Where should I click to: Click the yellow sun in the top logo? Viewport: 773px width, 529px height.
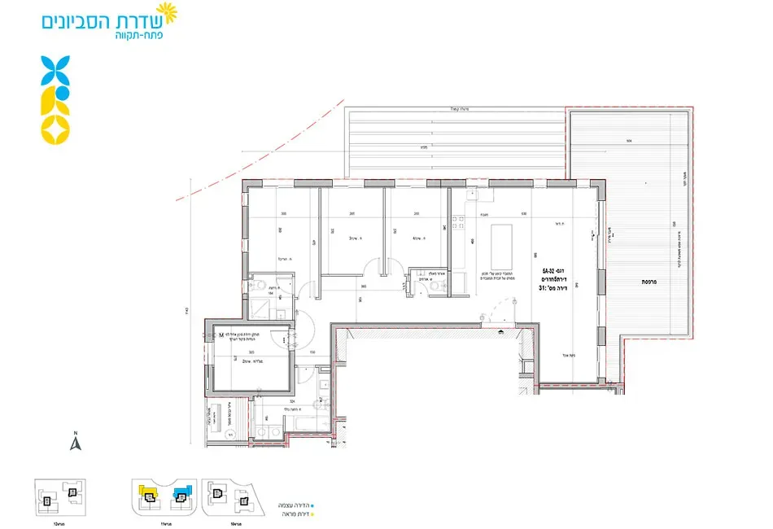tap(166, 11)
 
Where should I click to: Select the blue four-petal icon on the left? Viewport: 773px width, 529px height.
tap(55, 71)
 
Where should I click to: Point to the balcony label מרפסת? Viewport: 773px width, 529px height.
tap(649, 281)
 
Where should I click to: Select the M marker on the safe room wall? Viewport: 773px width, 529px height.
tap(221, 334)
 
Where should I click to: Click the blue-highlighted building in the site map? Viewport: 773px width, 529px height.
tap(180, 493)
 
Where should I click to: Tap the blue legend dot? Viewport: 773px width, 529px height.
tap(312, 505)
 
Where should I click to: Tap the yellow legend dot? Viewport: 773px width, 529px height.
tap(312, 514)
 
